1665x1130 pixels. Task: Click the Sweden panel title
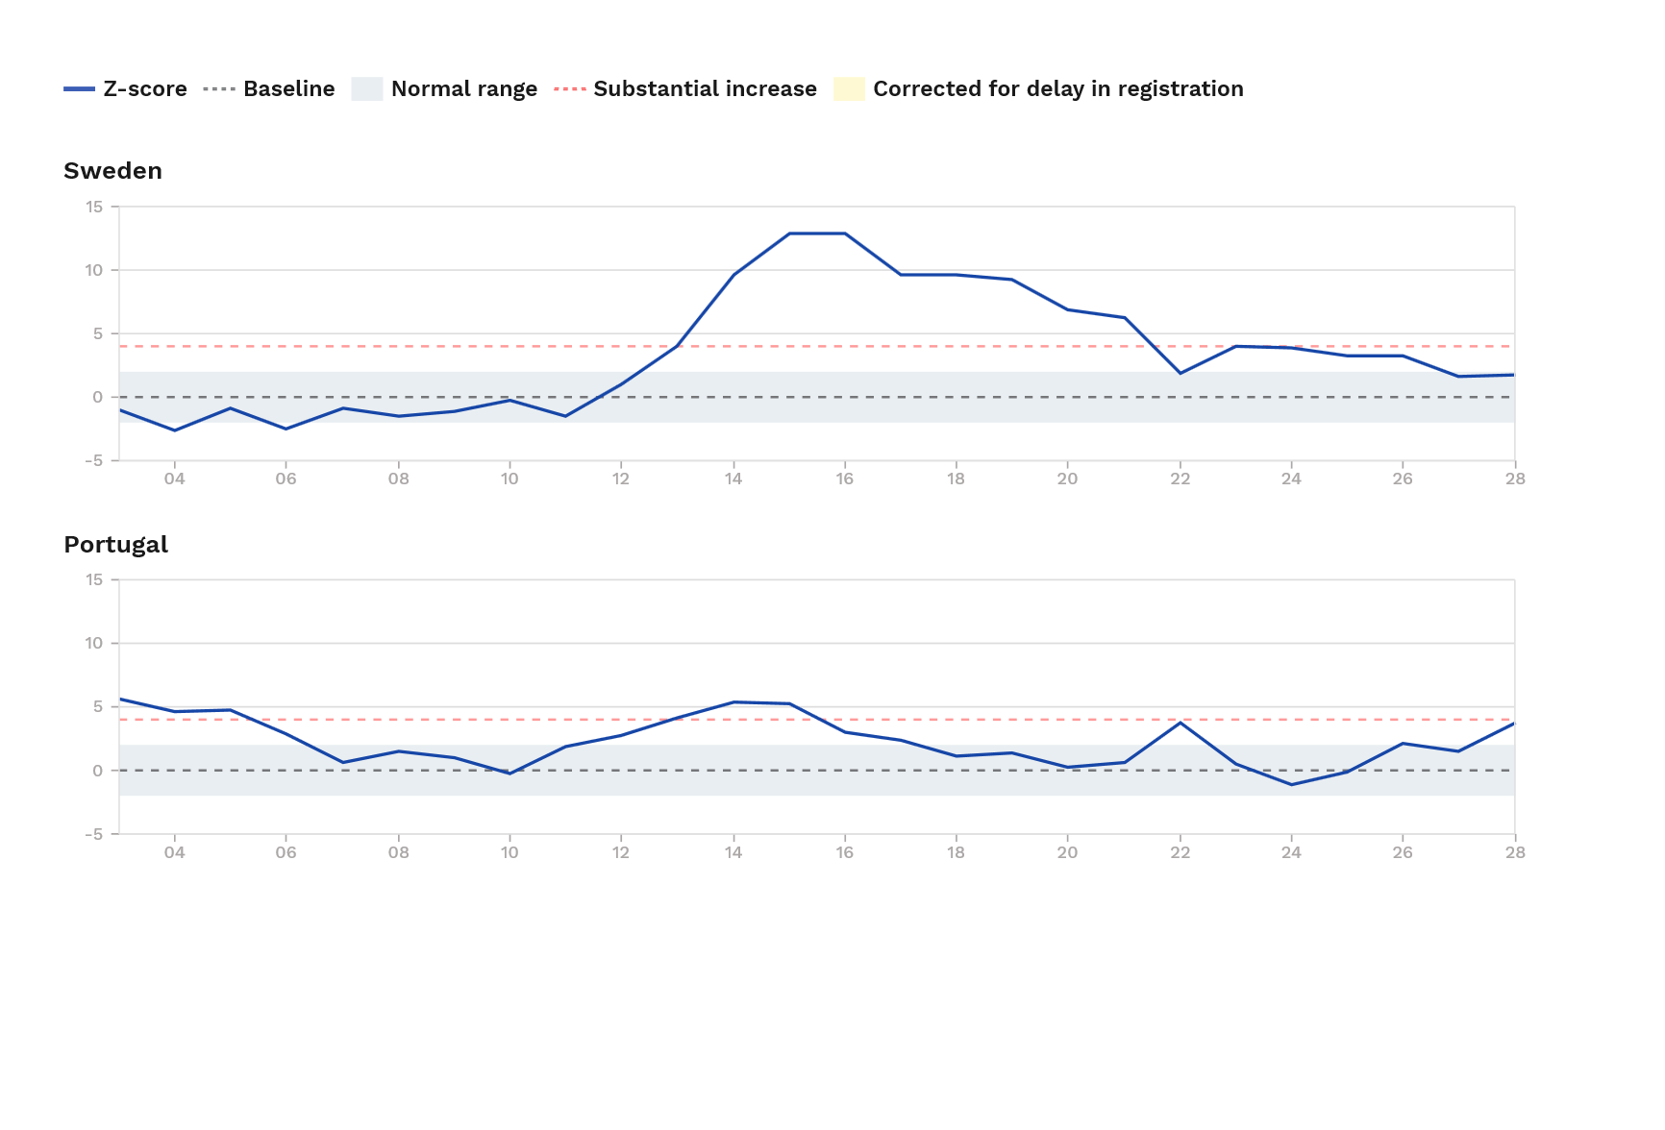coord(112,171)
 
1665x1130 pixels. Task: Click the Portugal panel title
coord(115,545)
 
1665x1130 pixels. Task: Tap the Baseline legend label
coord(288,89)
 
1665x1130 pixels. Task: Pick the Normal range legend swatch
coord(367,89)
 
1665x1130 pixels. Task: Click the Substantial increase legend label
coord(705,89)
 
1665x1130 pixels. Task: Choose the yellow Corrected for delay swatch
coord(850,89)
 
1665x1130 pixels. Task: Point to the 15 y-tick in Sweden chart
coord(94,207)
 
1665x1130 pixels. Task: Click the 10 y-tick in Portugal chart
coord(94,643)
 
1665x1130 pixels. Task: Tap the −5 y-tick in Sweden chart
coord(93,461)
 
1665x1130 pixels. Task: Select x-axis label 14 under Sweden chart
coord(733,479)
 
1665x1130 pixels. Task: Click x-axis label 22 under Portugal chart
coord(1180,852)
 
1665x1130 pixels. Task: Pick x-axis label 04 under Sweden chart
coord(174,479)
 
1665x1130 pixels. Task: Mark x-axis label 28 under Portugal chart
coord(1514,852)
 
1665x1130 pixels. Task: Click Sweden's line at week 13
coord(678,345)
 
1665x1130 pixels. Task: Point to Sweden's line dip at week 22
coord(1180,373)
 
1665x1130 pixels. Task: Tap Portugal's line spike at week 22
coord(1180,722)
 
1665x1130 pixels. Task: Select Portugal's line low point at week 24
coord(1291,785)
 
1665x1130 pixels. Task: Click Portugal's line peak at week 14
coord(733,701)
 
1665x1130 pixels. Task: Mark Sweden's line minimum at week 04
coord(174,430)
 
